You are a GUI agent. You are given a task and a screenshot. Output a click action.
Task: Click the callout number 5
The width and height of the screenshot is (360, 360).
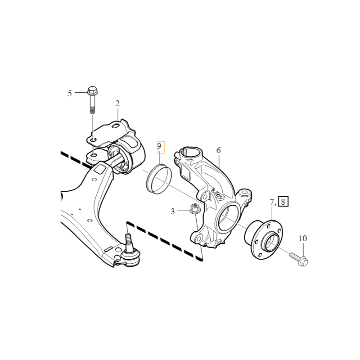pos(70,94)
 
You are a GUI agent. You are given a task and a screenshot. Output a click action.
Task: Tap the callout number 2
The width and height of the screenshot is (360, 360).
pos(117,104)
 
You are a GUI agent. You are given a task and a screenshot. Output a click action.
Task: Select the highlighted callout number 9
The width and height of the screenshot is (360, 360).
pos(159,146)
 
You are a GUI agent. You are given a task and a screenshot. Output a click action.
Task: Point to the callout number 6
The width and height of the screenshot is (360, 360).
pos(219,150)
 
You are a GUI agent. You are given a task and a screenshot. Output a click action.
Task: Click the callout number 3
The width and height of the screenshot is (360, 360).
pos(173,211)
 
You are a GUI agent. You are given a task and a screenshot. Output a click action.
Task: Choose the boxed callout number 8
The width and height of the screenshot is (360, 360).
pos(283,201)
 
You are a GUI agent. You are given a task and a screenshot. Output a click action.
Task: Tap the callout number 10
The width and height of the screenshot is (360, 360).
pos(302,238)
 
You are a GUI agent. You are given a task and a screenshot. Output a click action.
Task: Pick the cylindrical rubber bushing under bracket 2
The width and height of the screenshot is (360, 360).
pos(128,155)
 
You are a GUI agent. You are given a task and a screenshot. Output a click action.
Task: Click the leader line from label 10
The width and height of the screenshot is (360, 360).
pos(302,248)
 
